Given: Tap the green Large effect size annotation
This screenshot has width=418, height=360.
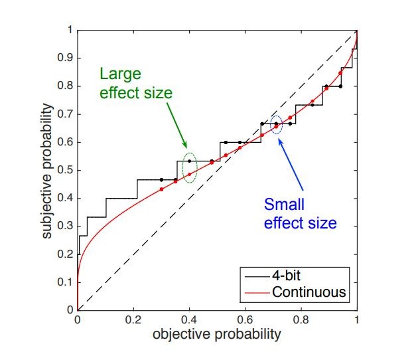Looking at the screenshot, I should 136,83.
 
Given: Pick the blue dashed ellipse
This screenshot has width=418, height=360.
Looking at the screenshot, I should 277,124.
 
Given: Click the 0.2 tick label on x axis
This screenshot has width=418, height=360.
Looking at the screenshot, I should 133,319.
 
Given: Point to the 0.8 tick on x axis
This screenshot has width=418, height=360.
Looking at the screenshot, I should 301,319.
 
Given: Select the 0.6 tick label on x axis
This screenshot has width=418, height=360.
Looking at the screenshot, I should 245,319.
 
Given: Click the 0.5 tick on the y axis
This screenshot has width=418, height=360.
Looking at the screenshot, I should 68,170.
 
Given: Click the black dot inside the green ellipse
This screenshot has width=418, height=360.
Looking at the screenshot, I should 190,161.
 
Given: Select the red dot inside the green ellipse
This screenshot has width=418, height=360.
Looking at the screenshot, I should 190,174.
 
